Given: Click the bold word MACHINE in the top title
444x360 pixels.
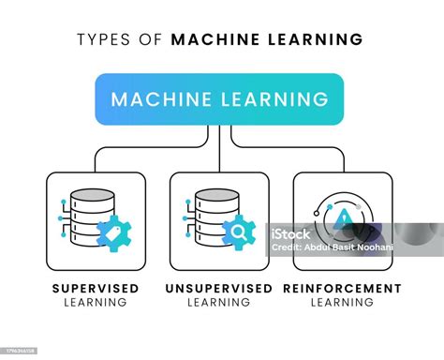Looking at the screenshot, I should [213, 39].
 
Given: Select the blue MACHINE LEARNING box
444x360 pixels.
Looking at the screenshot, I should [220, 98].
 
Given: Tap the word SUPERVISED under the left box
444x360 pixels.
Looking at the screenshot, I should [96, 288].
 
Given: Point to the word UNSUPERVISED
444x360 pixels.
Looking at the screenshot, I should [220, 288].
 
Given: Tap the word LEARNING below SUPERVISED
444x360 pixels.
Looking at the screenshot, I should [96, 303].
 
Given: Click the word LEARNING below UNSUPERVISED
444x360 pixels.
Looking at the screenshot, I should [220, 303].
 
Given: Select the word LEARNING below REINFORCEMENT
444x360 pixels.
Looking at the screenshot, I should [343, 303].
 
